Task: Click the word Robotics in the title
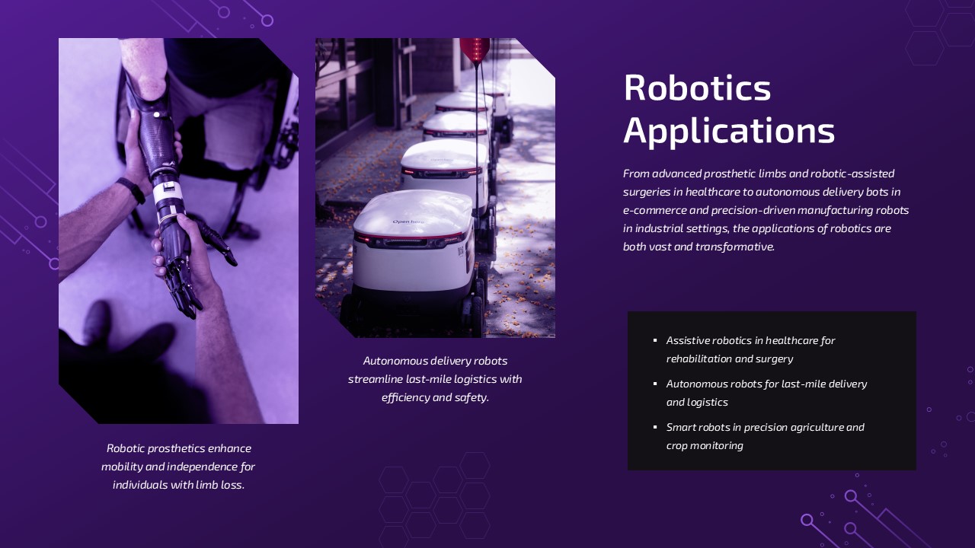(697, 88)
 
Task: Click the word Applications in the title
(729, 131)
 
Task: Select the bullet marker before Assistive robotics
(655, 340)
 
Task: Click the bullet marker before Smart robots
(655, 427)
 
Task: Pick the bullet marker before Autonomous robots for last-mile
(655, 384)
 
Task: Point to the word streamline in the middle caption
(375, 379)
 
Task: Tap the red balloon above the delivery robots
(475, 49)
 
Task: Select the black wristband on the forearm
(132, 190)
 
